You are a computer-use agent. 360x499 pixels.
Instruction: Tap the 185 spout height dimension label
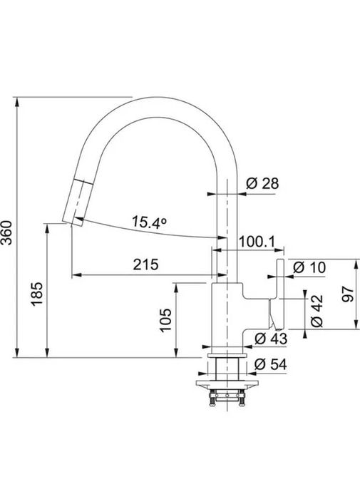[x=37, y=294]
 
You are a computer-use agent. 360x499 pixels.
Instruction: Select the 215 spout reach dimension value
[x=145, y=264]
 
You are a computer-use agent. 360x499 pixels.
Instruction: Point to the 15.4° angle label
[x=149, y=222]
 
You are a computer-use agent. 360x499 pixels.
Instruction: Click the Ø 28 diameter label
[x=262, y=183]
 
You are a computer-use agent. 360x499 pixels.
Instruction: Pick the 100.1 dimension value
[x=257, y=242]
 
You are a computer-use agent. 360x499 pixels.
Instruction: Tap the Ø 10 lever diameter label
[x=309, y=267]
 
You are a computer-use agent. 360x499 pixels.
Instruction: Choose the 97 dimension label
[x=348, y=294]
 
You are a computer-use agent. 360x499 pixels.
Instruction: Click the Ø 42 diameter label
[x=317, y=311]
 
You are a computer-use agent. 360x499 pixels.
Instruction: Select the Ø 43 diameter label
[x=271, y=339]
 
